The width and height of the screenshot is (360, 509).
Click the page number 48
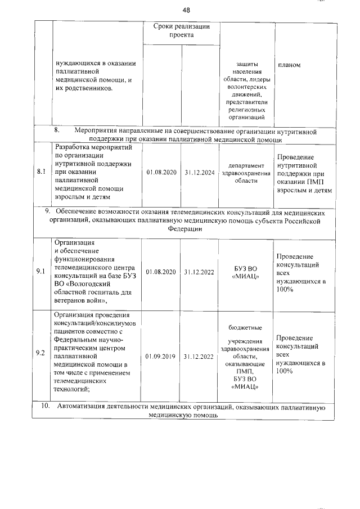(187, 10)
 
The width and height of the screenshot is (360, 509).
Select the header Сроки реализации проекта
(181, 31)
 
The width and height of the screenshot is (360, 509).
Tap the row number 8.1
(40, 173)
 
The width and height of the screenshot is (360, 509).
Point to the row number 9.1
(40, 271)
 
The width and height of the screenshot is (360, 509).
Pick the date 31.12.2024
(199, 173)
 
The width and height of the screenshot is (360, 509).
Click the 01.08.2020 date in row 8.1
(161, 173)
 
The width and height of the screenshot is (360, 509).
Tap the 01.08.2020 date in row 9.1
(161, 272)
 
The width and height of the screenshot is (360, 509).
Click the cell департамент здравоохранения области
(246, 173)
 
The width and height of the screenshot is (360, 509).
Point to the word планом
(289, 65)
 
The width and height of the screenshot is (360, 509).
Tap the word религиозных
(246, 110)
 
